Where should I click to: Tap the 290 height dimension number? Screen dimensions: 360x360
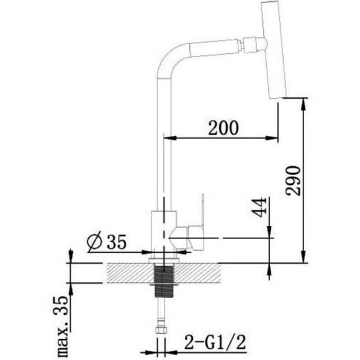pos(293,181)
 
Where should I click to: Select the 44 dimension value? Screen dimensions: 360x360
pos(260,207)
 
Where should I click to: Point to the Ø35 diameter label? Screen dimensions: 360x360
pos(107,241)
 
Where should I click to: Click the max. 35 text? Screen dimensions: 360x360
pos(60,326)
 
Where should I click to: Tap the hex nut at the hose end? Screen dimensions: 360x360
pos(160,330)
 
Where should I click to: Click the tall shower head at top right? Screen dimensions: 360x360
pos(272,50)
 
